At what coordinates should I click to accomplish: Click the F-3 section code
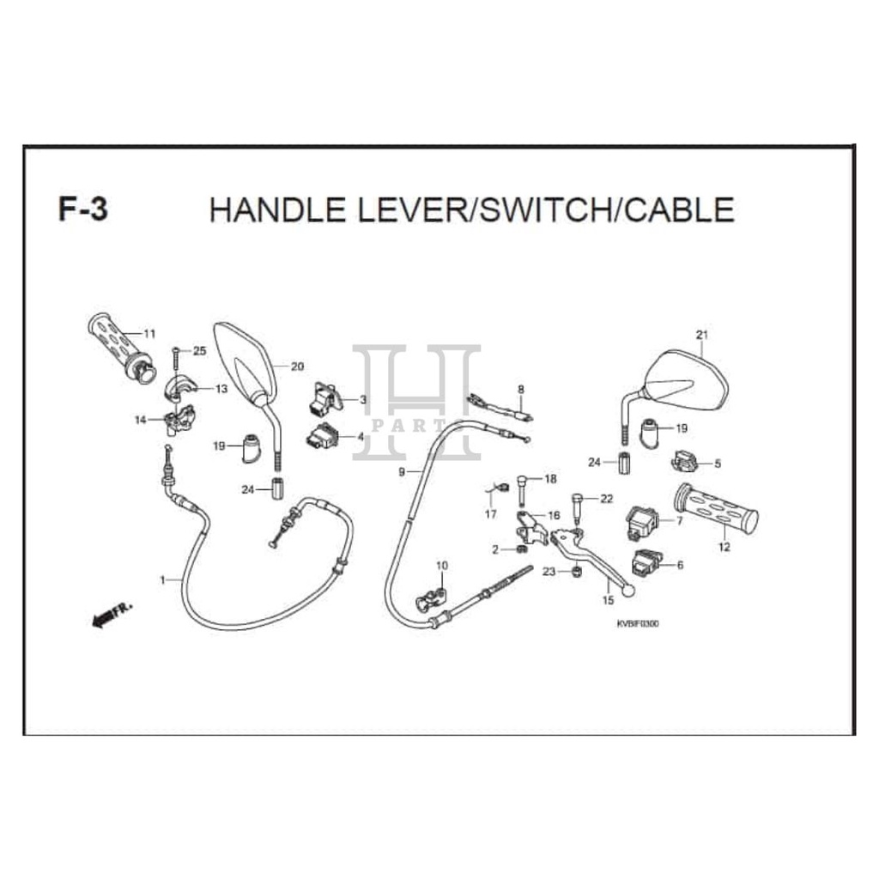coord(83,209)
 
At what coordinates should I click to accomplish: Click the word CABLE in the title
coord(678,209)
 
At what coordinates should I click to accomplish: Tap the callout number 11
coord(149,334)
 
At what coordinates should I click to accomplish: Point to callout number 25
coord(200,351)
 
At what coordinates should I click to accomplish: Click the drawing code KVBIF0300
coord(637,624)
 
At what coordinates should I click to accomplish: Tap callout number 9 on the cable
coord(401,473)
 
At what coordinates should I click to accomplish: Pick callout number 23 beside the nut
coord(548,572)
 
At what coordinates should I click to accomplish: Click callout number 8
coord(520,389)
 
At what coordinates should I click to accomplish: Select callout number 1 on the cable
coord(162,580)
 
